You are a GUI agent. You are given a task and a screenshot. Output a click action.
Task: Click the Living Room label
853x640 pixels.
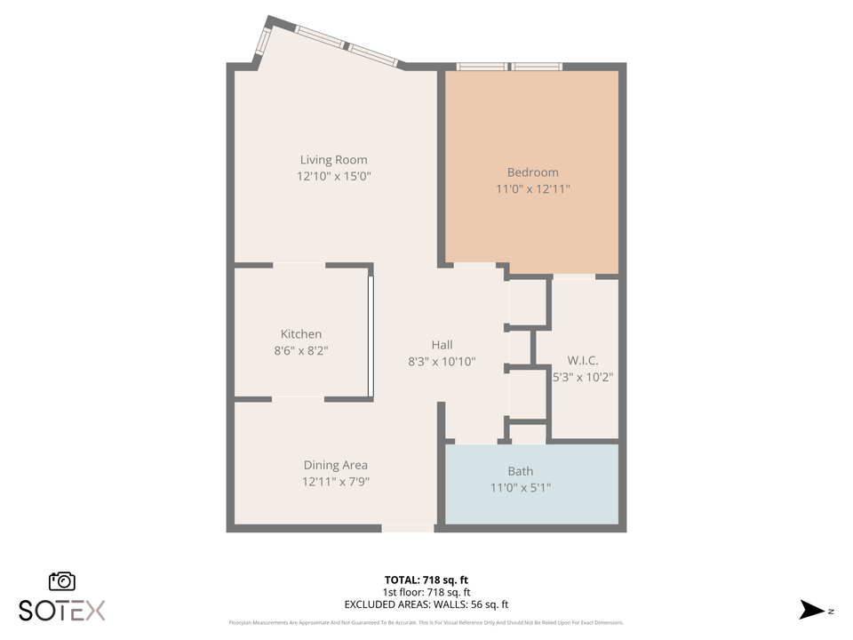[333, 160]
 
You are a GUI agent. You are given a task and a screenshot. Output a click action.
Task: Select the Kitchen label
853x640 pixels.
[301, 334]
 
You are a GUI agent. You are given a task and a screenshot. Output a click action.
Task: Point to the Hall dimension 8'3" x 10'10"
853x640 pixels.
[442, 362]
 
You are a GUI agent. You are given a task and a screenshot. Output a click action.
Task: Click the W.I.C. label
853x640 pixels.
[583, 360]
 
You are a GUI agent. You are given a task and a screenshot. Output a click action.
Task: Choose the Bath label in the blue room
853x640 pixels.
[521, 471]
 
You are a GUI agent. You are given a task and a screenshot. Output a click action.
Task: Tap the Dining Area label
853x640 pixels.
[335, 465]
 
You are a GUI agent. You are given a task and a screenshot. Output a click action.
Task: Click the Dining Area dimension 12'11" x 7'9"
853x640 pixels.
[335, 482]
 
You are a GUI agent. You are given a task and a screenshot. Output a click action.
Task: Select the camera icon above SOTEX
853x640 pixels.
[62, 580]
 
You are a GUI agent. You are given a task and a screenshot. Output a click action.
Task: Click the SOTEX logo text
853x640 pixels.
[62, 611]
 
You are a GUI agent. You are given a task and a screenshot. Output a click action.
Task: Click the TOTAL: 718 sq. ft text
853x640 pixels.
[426, 580]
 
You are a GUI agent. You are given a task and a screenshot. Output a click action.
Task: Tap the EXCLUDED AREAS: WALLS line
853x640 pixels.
[426, 604]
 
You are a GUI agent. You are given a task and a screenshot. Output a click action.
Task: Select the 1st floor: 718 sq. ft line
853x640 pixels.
[426, 592]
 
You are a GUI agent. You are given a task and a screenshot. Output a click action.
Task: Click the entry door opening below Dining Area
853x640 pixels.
[408, 528]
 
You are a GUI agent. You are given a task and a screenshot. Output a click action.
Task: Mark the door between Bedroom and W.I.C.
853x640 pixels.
[574, 276]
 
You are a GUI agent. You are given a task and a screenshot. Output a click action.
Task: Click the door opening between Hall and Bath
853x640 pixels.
[475, 441]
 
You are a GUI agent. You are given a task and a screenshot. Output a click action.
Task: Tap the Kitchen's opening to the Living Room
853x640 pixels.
[299, 265]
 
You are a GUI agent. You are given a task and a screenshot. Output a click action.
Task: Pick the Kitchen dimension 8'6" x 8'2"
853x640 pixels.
[301, 351]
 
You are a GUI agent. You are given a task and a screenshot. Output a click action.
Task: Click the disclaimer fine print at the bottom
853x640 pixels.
[426, 623]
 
